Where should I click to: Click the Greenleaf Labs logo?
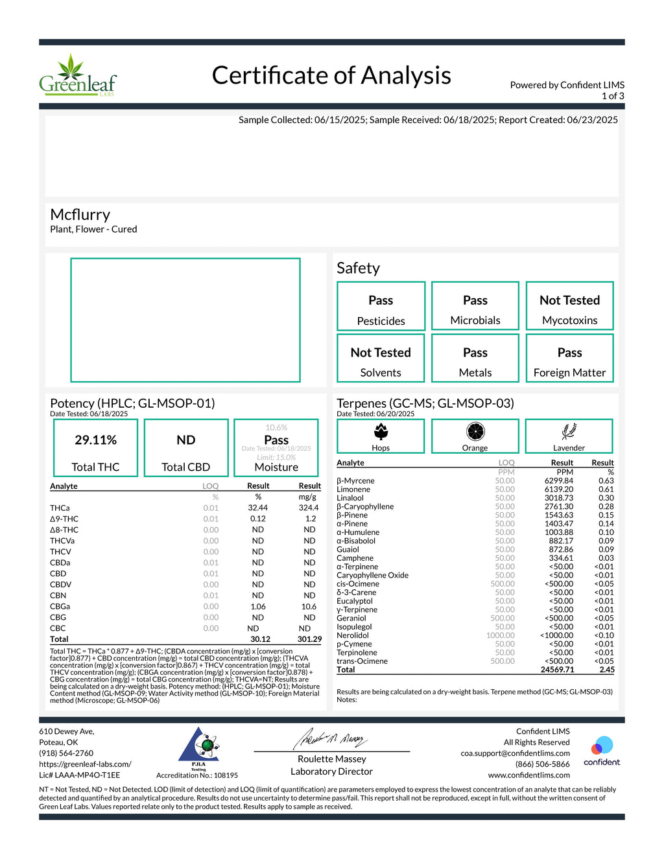pos(78,76)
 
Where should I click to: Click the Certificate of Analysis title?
pos(331,75)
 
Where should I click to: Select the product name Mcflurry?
pos(80,215)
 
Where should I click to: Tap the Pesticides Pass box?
pos(381,306)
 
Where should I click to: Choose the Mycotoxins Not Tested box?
pos(569,306)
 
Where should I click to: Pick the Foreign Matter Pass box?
pos(569,359)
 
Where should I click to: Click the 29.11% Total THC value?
pos(95,440)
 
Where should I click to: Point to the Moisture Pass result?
pos(276,440)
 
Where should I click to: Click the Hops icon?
pos(381,431)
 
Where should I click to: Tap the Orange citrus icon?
pos(475,431)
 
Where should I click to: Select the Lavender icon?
pos(569,431)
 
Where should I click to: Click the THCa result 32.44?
pos(257,508)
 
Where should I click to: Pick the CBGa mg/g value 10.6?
pos(309,607)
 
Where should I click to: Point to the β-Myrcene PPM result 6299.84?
pos(558,481)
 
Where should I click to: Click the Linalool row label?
pos(350,498)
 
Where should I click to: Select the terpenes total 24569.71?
pos(557,670)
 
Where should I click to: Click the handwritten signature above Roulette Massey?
pos(331,738)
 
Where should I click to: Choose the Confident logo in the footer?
pos(602,751)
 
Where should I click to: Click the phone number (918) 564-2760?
pos(66,753)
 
